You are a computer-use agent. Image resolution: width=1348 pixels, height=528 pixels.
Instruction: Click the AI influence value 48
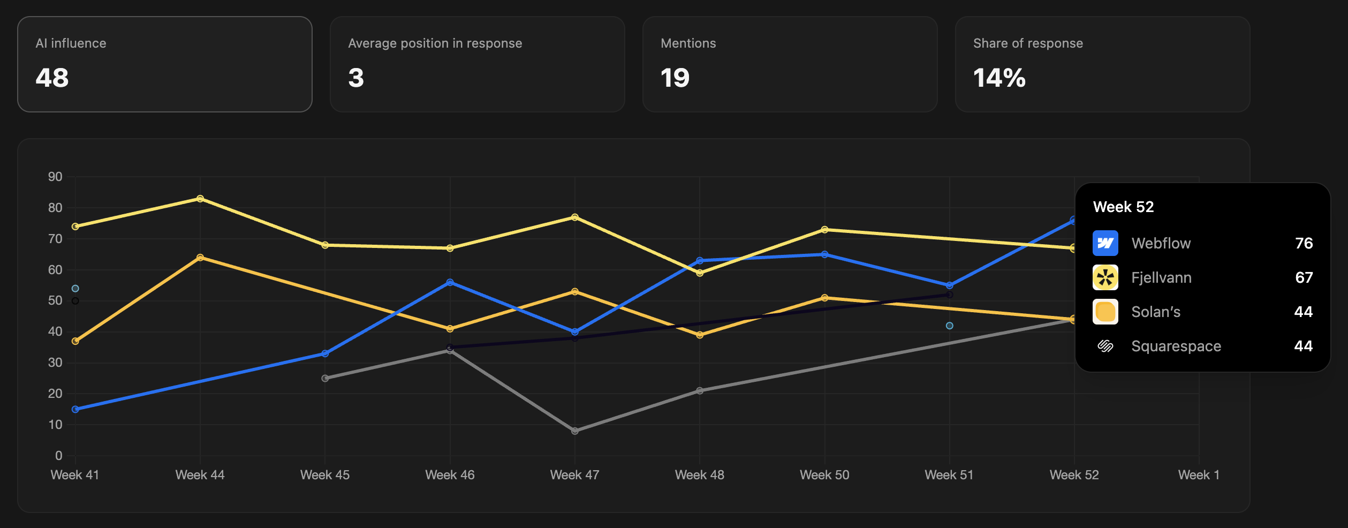tap(52, 78)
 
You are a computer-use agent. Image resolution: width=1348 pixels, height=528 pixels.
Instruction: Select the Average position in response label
tap(435, 43)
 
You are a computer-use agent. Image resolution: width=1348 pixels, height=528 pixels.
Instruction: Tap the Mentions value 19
tap(675, 78)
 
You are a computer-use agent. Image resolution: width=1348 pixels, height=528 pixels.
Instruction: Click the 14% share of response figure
tap(999, 78)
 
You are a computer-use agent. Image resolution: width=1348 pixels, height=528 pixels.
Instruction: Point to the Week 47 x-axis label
tap(574, 475)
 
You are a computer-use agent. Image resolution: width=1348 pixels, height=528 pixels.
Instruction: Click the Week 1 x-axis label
tap(1199, 475)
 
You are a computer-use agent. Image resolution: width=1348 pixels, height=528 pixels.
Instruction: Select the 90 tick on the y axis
tap(55, 177)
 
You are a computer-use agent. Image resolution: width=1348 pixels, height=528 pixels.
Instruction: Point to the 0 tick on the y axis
tap(58, 456)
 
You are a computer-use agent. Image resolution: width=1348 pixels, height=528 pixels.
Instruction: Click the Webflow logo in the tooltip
tap(1105, 243)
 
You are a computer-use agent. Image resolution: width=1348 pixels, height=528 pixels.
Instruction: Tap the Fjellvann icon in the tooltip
tap(1105, 277)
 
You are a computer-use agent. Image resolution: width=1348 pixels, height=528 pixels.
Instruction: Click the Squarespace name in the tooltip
tap(1176, 346)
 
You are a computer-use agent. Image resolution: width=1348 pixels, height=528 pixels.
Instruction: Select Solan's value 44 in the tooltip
tap(1303, 312)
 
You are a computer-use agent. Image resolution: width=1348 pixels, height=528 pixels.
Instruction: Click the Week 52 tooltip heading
tap(1123, 207)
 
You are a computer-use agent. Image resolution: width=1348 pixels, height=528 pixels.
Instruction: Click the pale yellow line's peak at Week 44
tap(200, 199)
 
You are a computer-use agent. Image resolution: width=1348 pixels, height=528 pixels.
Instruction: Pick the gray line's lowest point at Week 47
tap(574, 431)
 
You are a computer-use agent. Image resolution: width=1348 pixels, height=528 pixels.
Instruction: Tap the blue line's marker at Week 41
tap(75, 409)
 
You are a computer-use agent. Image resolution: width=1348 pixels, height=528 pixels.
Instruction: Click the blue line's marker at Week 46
tap(450, 282)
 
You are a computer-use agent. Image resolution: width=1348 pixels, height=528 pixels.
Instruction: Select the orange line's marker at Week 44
tap(200, 258)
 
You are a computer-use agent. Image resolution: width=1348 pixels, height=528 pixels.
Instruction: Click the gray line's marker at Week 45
tap(325, 378)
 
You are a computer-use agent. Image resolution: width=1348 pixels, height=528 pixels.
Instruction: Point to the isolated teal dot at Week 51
tap(949, 326)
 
